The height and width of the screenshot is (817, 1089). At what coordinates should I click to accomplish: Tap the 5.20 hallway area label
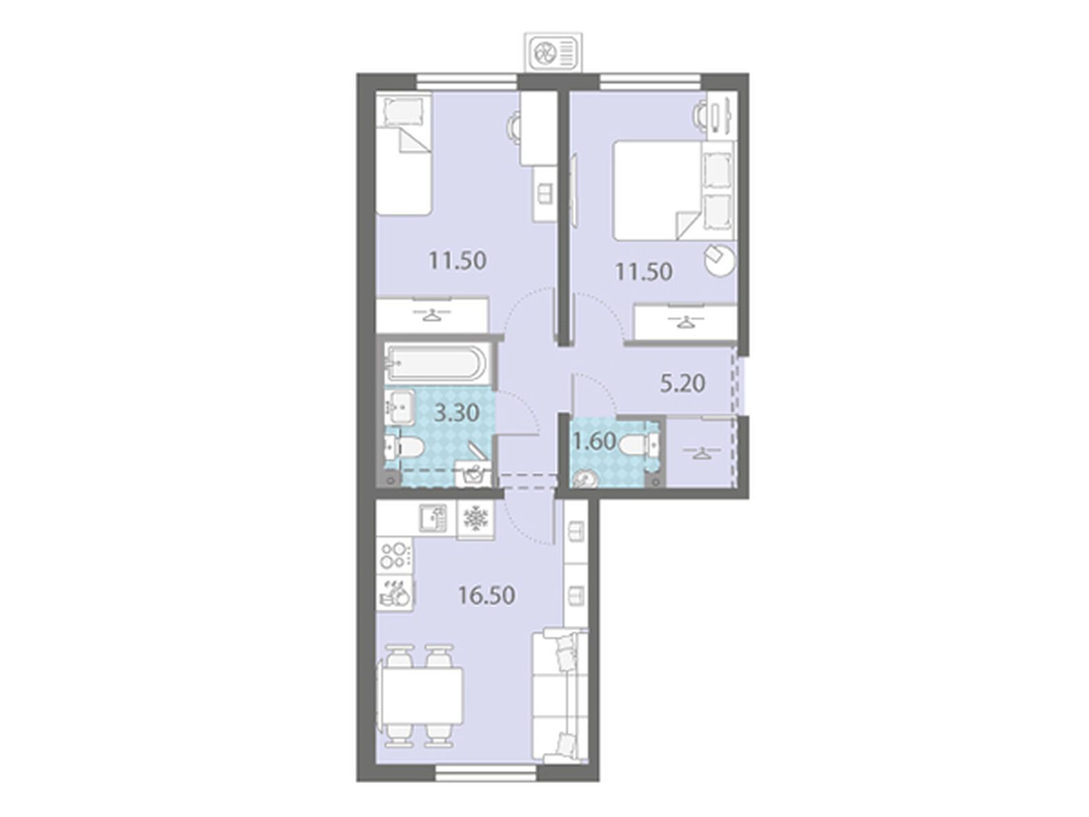coord(683,384)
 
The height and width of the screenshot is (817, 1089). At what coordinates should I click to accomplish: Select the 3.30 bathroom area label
coord(457,413)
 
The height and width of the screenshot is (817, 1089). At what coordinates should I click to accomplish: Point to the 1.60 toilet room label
coord(595,441)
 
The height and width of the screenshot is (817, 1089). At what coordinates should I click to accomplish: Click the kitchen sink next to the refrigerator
coord(433,518)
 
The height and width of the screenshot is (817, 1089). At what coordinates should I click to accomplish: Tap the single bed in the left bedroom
coord(403,155)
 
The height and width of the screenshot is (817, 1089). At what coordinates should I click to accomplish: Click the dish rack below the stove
coord(395,592)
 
